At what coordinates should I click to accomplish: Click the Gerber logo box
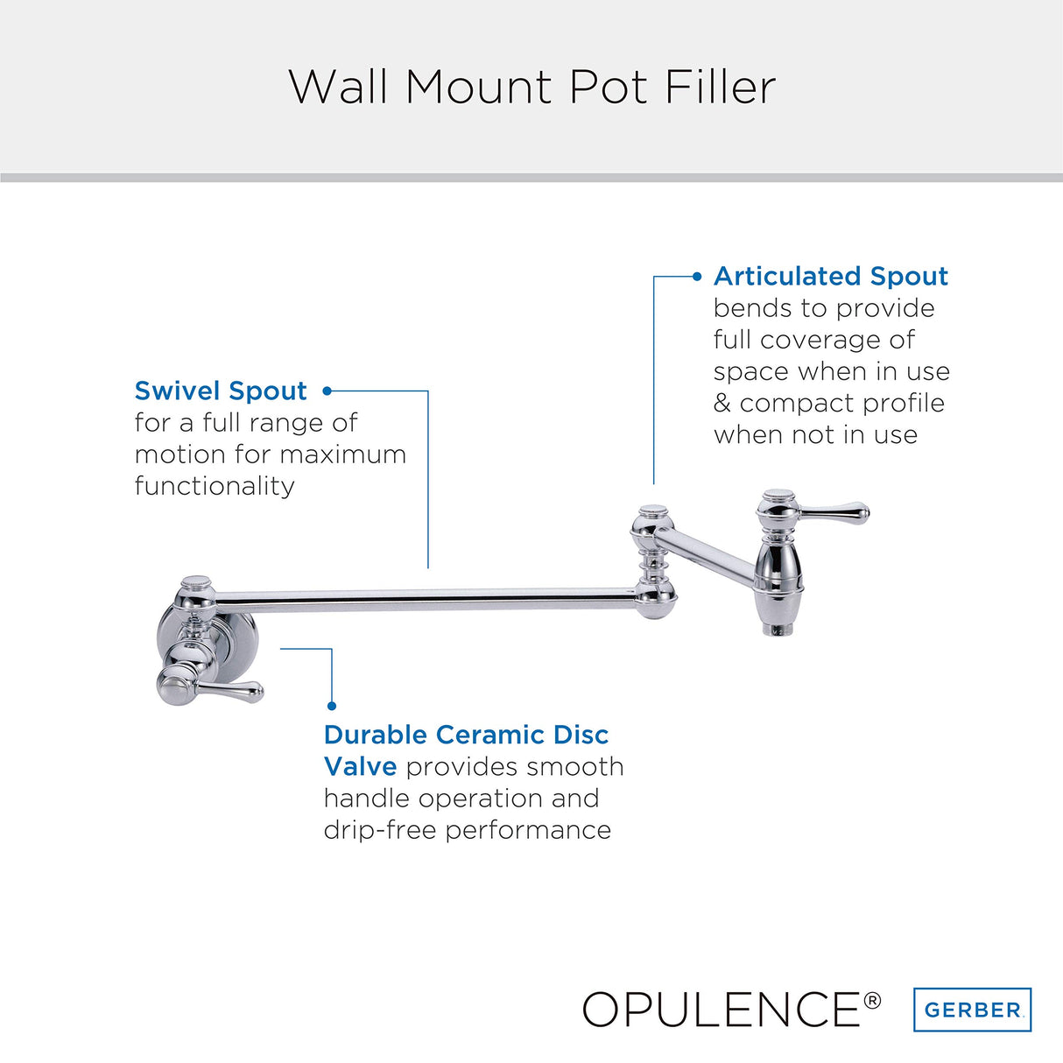(x=973, y=1010)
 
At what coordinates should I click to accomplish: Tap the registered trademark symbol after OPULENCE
(x=872, y=1000)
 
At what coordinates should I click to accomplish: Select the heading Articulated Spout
(x=831, y=276)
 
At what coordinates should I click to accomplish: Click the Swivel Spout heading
(x=221, y=391)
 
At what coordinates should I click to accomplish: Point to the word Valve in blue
(x=360, y=766)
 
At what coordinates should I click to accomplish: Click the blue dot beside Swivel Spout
(x=327, y=391)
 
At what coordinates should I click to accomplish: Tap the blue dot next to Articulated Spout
(x=697, y=277)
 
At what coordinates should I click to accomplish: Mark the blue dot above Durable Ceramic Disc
(x=332, y=706)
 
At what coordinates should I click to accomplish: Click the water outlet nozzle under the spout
(x=778, y=629)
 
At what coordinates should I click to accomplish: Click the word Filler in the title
(x=720, y=88)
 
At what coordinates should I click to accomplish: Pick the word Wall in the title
(x=338, y=88)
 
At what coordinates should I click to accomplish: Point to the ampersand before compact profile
(x=722, y=404)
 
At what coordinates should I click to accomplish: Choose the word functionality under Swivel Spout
(x=215, y=486)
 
